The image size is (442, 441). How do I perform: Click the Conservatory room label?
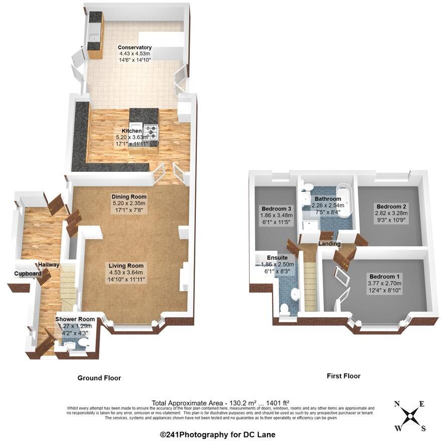pyautogui.click(x=135, y=48)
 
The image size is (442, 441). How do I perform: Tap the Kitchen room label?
pyautogui.click(x=131, y=131)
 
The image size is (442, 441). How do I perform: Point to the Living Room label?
pyautogui.click(x=128, y=266)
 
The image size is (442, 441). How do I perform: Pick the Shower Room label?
pyautogui.click(x=75, y=319)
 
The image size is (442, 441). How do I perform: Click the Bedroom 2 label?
pyautogui.click(x=391, y=206)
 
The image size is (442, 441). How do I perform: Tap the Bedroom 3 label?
pyautogui.click(x=276, y=208)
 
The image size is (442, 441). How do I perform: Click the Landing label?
pyautogui.click(x=329, y=244)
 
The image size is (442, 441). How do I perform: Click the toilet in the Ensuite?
pyautogui.click(x=285, y=309)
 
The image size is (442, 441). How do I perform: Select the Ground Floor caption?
pyautogui.click(x=99, y=378)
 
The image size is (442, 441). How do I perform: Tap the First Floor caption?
pyautogui.click(x=343, y=376)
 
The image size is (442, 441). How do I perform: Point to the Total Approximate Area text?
pyautogui.click(x=220, y=402)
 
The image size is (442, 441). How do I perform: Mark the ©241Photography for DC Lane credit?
pyautogui.click(x=217, y=434)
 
